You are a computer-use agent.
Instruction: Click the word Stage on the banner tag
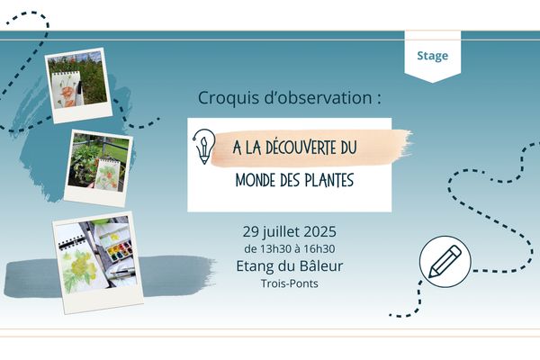click(x=433, y=56)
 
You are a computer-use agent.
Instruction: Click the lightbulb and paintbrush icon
click(x=204, y=147)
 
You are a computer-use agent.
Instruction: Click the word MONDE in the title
click(x=256, y=180)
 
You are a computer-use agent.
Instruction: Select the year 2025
click(x=320, y=231)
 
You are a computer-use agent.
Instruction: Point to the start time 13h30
click(x=275, y=248)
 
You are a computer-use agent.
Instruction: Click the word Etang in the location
click(x=252, y=266)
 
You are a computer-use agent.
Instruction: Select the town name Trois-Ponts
click(x=289, y=283)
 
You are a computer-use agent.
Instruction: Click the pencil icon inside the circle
click(x=445, y=261)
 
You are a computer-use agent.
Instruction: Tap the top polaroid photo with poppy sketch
click(x=78, y=85)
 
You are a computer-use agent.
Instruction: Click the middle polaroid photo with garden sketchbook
click(x=98, y=168)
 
